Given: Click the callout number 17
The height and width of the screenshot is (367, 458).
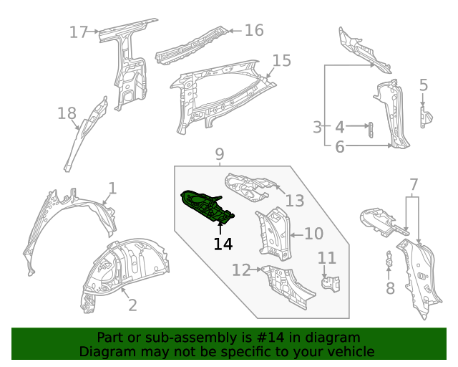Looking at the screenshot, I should pos(78,32).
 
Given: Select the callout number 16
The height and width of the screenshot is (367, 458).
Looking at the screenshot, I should pos(254,30).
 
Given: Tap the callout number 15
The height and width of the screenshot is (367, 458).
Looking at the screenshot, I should pos(282,61).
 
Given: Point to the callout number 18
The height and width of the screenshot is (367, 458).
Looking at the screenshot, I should pos(67,113).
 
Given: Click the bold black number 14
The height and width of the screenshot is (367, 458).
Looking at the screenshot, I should pos(223,244).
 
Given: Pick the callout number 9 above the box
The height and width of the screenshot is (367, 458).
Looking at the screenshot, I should pos(220,154).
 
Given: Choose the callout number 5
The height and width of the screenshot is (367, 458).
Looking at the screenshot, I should pos(424,86).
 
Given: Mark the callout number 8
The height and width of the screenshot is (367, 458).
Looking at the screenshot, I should pos(390,288).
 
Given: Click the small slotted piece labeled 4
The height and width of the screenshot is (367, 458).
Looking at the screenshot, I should pos(371,129).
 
